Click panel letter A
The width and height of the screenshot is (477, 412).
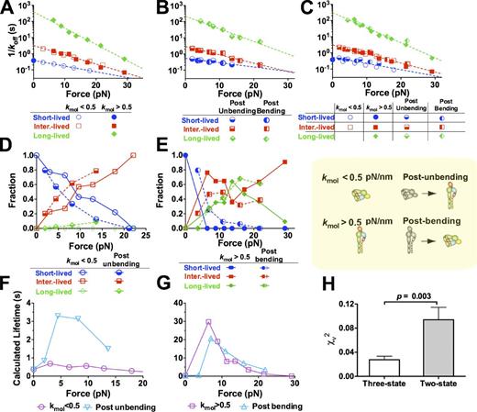pyautogui.click(x=6, y=7)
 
